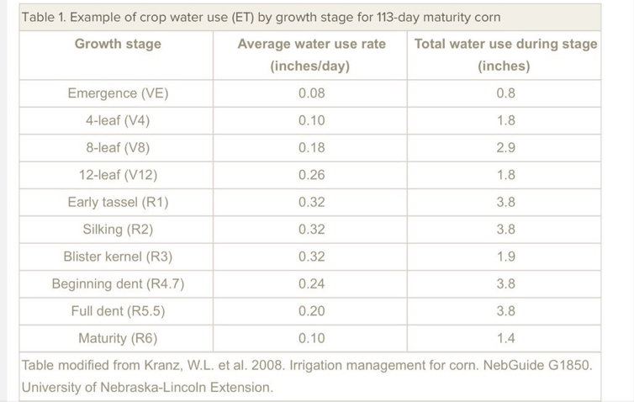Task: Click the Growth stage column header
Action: (x=118, y=44)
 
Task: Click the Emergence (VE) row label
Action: (x=118, y=93)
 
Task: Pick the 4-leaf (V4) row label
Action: (x=118, y=120)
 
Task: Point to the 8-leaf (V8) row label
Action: (x=118, y=148)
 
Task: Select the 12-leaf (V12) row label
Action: (x=118, y=175)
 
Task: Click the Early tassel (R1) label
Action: (x=118, y=202)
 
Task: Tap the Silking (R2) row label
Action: (x=118, y=229)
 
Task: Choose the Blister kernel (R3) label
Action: (x=118, y=257)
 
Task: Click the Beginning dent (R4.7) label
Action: (x=118, y=283)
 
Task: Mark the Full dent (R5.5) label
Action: (x=118, y=311)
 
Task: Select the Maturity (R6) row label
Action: (x=118, y=338)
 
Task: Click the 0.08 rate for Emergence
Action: (x=311, y=93)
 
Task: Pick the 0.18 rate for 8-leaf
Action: (x=311, y=148)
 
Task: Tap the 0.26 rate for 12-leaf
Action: (x=311, y=175)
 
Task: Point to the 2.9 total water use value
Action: (x=505, y=148)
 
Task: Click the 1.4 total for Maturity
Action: (x=505, y=338)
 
